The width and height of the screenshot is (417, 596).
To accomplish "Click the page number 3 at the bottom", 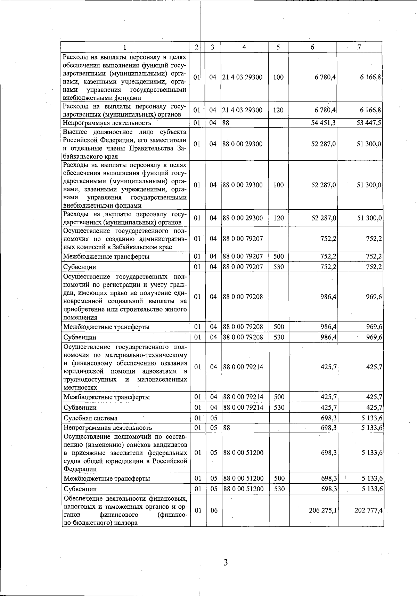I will coord(226,563).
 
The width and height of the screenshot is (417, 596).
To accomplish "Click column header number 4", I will coord(245,47).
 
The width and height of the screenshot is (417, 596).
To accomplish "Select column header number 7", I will coord(360,47).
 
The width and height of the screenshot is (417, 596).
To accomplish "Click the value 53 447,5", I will coord(369,123).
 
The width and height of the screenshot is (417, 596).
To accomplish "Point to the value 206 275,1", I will coord(322,510).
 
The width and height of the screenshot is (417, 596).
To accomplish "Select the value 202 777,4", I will coord(368,510).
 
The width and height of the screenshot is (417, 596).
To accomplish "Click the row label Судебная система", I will coord(90,418).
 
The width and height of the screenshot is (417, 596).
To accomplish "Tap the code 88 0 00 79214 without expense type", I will coord(243,367).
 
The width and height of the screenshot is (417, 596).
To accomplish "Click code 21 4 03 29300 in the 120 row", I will coord(243,110).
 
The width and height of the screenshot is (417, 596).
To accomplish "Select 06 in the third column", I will coord(214,510).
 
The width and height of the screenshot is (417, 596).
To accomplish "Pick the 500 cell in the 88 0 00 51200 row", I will coord(279,478).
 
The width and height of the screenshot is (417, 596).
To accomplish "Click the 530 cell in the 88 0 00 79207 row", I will coord(279,267).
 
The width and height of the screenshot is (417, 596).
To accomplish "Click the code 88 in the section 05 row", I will coord(226,428).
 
